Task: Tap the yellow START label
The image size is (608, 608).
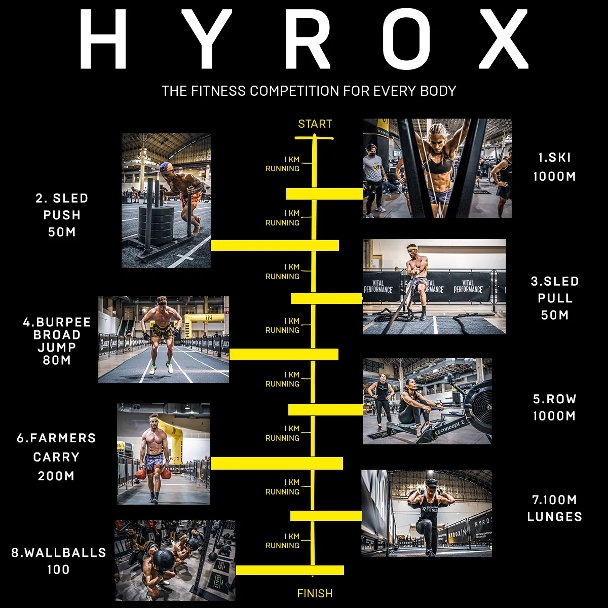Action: tap(315, 124)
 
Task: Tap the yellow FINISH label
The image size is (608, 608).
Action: tap(315, 593)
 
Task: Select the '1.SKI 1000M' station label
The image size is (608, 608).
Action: tap(554, 167)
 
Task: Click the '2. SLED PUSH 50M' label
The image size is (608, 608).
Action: tap(62, 215)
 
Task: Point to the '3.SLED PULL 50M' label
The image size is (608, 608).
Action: tap(554, 298)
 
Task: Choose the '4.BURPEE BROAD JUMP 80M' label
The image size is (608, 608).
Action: tap(57, 341)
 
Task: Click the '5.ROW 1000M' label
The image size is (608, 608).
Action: tap(554, 407)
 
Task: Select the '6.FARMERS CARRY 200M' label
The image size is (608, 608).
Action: tap(56, 457)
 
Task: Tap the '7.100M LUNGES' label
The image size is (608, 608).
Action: tap(554, 508)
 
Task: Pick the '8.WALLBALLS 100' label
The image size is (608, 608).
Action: tap(59, 560)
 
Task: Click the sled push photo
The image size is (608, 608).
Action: tap(166, 200)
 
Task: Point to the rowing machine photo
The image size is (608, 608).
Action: tap(427, 401)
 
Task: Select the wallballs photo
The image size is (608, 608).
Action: tap(175, 560)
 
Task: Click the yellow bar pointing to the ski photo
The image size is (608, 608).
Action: tap(324, 194)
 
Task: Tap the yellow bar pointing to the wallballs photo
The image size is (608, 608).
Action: tap(290, 570)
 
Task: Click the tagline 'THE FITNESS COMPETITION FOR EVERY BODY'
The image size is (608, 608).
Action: tap(309, 91)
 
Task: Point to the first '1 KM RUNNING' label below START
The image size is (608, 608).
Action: tap(282, 164)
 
